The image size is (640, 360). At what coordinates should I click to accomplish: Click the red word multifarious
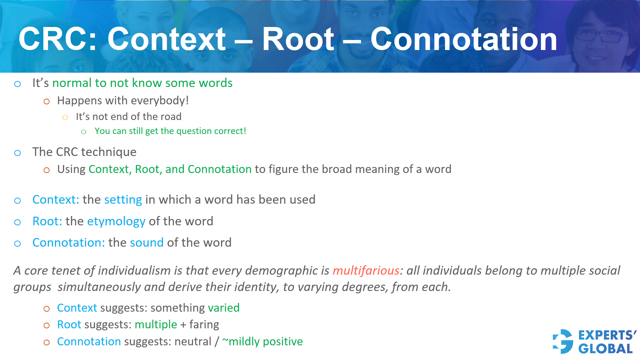pos(366,271)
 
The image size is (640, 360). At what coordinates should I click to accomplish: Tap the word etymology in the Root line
pos(116,222)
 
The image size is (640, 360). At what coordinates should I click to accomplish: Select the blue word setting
pos(123,200)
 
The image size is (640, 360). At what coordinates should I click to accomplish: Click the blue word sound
pos(147,243)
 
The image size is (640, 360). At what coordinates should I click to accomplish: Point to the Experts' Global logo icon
pos(563,341)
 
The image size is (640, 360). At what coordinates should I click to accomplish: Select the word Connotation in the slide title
pos(464,39)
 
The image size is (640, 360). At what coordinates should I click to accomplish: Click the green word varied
pos(223,308)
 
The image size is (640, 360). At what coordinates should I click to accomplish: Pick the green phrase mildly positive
pos(265,342)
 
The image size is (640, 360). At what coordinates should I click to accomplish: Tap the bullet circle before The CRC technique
pos(18,153)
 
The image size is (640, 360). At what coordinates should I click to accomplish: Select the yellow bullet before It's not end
pos(65,117)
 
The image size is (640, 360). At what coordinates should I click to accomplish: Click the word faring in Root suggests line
pos(204,325)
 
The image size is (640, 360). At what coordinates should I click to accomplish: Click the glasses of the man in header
pos(600,35)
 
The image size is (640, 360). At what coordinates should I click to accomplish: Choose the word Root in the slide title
pos(298,39)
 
